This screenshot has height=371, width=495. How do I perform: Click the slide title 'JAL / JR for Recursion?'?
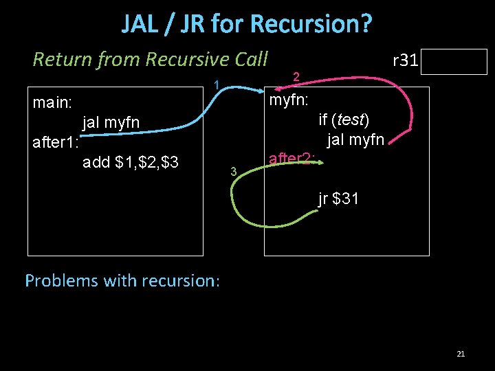point(247,24)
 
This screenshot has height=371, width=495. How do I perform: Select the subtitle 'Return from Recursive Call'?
point(150,60)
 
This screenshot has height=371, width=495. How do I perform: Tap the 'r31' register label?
point(405,60)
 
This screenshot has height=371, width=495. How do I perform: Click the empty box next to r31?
point(455,62)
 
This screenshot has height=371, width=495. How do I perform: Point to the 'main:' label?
point(53,102)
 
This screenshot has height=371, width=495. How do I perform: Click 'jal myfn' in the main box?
point(111,123)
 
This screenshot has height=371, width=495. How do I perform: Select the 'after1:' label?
point(56,143)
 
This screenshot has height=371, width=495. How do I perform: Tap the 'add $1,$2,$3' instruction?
point(131,163)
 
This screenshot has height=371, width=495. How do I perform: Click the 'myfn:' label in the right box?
point(289,100)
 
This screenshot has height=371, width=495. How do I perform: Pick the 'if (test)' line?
point(344,120)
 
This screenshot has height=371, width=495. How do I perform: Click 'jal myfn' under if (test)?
point(355,141)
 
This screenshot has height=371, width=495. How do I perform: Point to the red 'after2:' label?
point(292,159)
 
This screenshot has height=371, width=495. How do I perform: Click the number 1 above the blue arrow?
point(216,86)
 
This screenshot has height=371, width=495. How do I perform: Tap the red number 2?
point(296,76)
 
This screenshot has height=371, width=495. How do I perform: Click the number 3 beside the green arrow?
point(234,170)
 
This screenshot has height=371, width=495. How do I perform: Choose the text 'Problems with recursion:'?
point(122,280)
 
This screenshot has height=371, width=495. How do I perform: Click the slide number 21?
point(461,354)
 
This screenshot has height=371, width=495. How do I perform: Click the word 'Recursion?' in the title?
point(313,24)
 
